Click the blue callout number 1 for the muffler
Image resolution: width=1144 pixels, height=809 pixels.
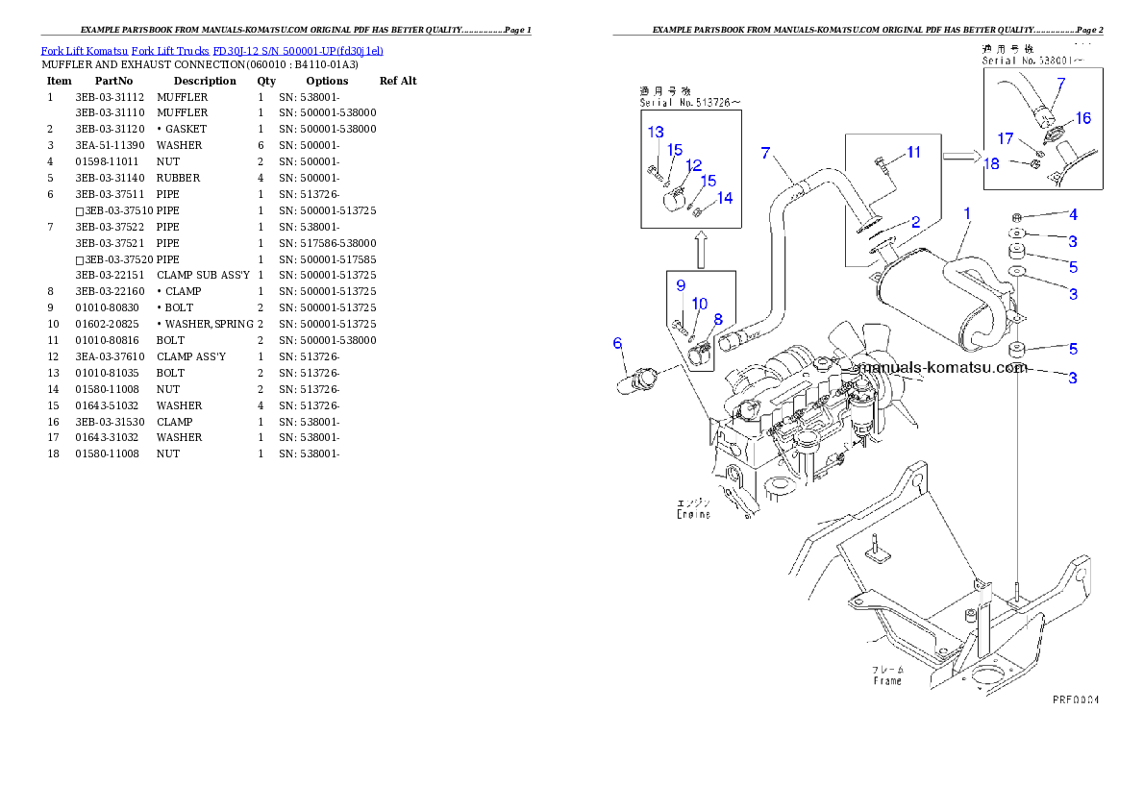click(966, 212)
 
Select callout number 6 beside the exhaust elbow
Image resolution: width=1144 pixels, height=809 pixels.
click(618, 343)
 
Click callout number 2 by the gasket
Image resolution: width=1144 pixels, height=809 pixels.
click(915, 222)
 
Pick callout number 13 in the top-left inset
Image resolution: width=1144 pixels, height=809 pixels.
click(655, 132)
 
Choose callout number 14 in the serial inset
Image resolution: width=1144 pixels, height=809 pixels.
click(724, 197)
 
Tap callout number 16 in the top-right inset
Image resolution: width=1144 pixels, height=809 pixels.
click(1082, 118)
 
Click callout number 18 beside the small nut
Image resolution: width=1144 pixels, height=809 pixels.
click(991, 163)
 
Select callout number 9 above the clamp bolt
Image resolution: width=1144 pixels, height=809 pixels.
click(680, 285)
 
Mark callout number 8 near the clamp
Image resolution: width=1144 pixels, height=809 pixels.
click(717, 318)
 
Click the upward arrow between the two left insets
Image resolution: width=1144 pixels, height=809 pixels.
click(701, 249)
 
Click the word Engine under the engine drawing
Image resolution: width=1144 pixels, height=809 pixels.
click(691, 514)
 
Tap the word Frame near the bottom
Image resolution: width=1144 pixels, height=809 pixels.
click(886, 680)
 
